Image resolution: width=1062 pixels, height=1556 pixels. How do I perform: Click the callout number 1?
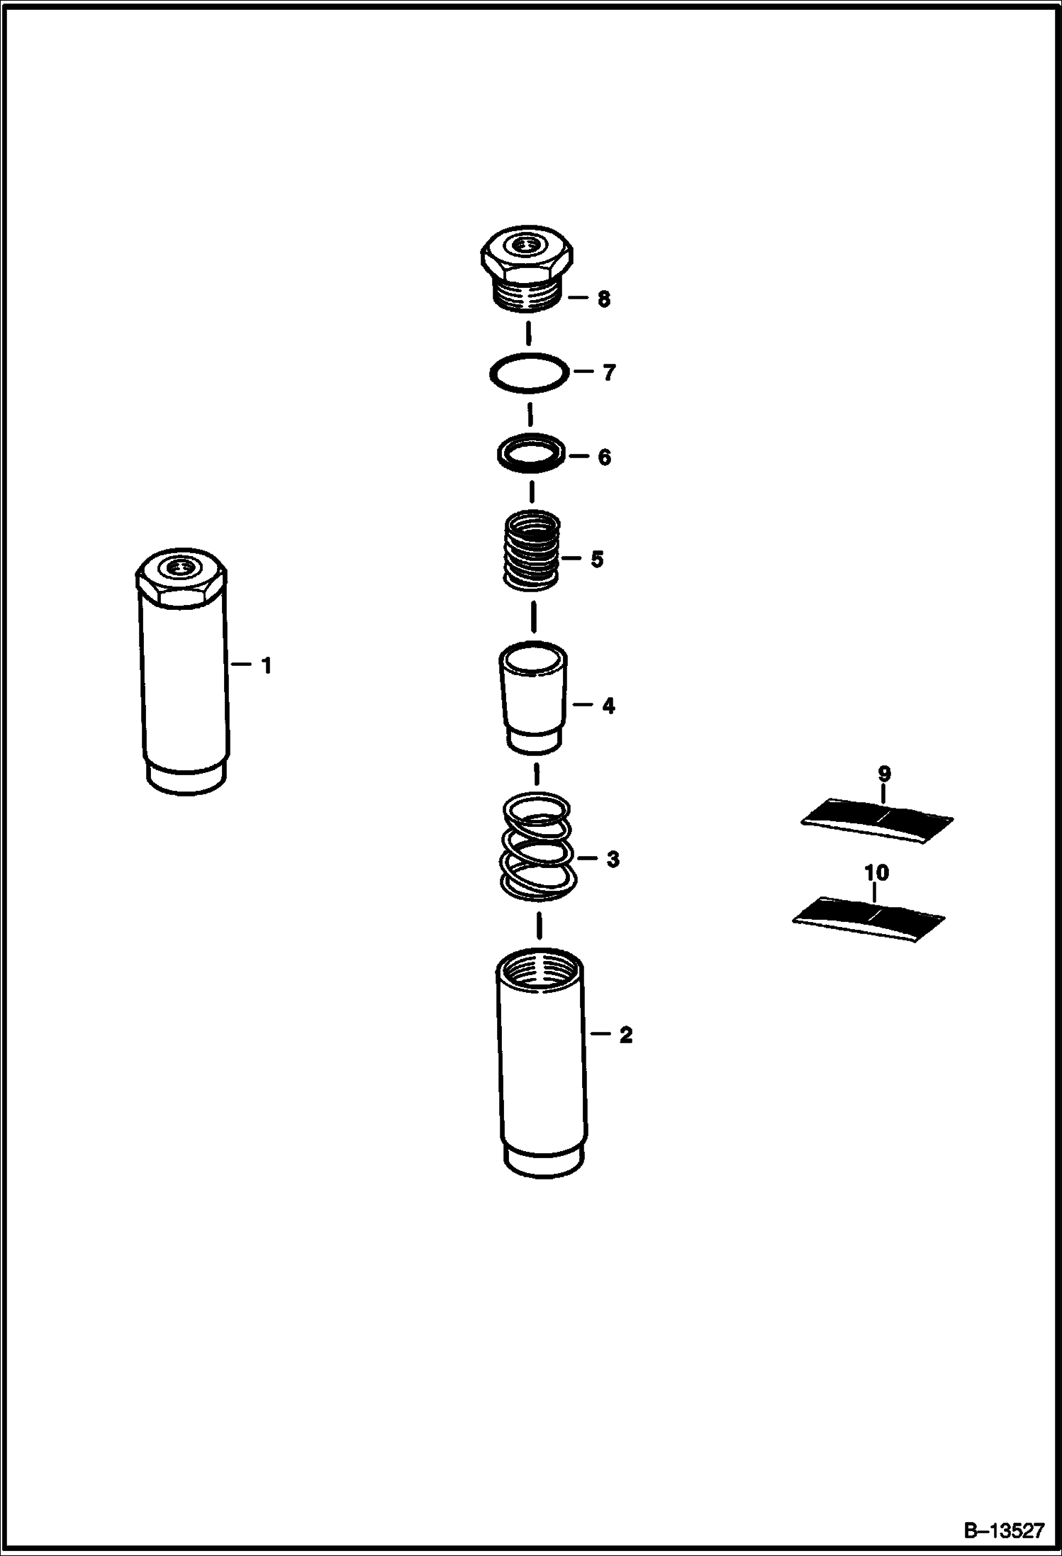267,665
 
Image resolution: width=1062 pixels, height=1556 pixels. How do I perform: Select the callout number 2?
625,1035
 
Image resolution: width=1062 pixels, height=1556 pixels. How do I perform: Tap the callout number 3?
613,860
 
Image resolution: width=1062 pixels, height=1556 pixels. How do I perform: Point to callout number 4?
608,706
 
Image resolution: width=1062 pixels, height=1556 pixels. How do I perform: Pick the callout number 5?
597,560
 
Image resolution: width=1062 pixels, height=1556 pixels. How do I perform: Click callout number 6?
604,457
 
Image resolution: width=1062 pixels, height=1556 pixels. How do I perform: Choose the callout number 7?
609,372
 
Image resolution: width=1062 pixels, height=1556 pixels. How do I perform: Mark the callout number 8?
603,299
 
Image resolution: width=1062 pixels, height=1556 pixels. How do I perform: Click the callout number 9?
884,773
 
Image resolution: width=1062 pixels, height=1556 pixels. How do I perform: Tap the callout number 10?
877,872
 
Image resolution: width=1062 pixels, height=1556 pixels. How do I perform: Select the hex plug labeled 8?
526,271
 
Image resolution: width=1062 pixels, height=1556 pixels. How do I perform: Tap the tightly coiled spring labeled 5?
531,551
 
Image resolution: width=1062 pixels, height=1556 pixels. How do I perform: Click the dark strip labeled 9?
877,821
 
